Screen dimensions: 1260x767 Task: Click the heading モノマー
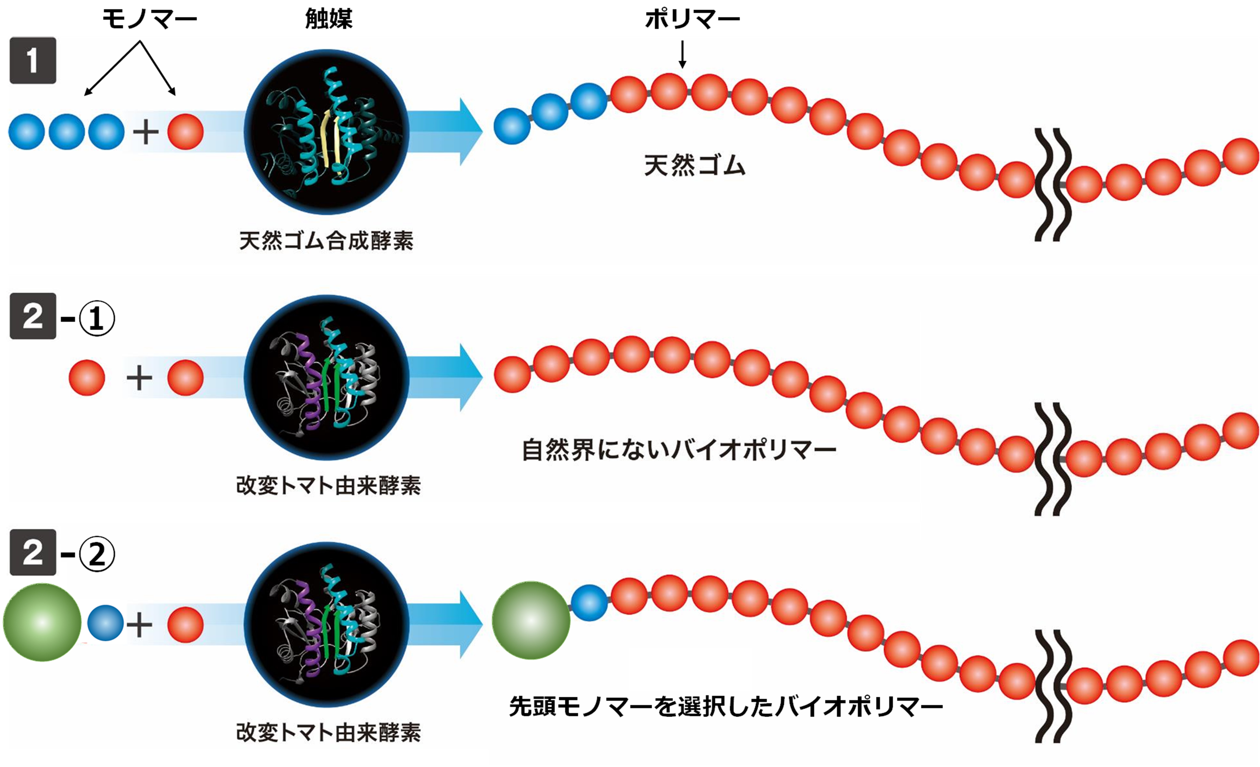pos(149,19)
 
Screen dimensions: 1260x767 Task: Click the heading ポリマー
pos(692,19)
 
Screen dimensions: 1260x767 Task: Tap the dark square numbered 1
pos(33,60)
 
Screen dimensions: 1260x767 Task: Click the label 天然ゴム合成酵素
pos(326,240)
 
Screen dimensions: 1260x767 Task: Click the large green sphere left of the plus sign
pos(42,622)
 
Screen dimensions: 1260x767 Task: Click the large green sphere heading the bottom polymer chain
pos(531,620)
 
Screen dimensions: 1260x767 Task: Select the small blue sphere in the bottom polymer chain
pos(589,603)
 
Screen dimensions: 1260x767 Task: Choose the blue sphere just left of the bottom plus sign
pos(105,623)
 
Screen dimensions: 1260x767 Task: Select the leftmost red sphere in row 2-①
pos(87,378)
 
